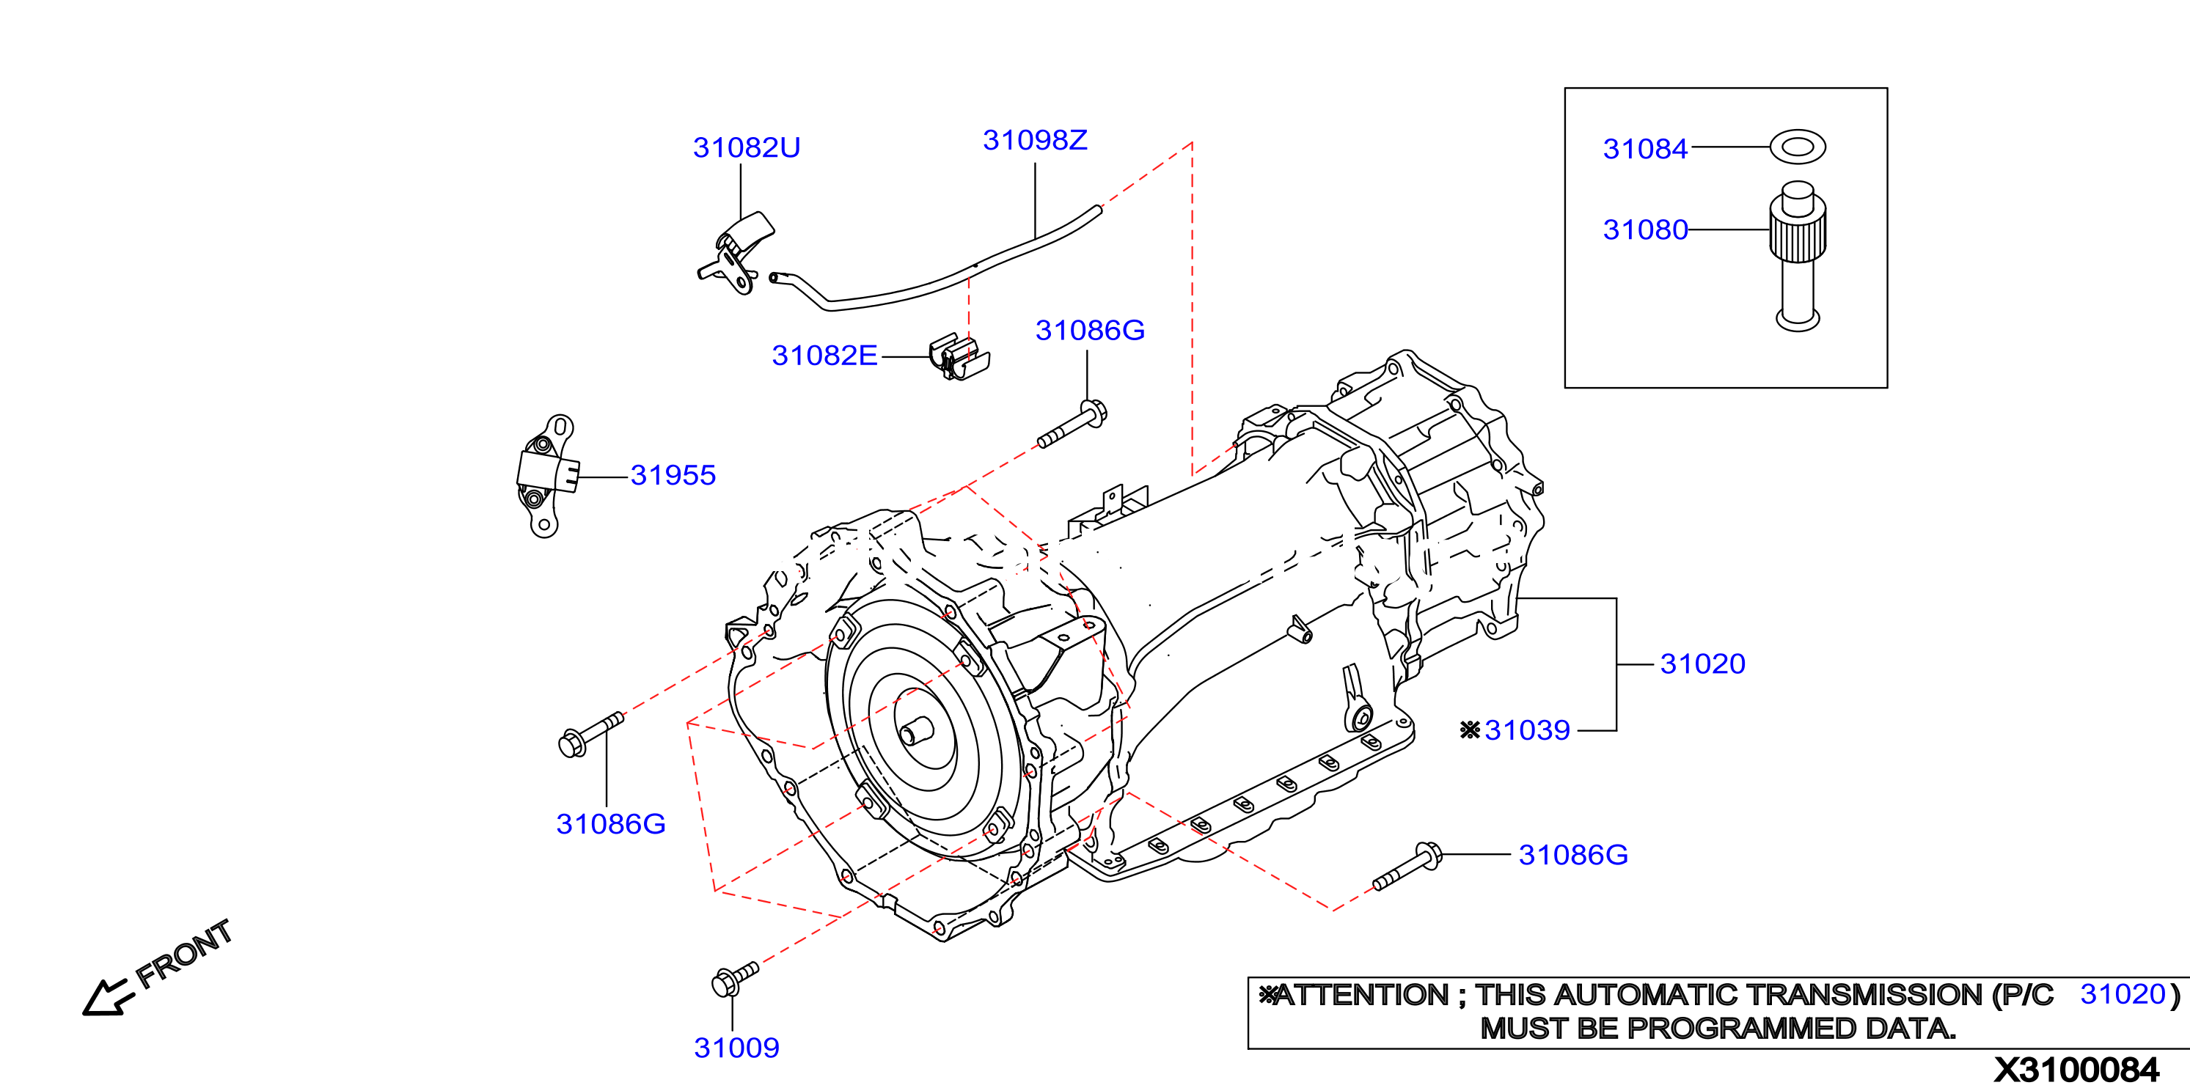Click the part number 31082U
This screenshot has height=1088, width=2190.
pos(747,148)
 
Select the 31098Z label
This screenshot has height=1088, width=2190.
pos(1035,140)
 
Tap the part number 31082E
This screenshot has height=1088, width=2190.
pos(824,356)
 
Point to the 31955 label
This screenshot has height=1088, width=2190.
pos(673,475)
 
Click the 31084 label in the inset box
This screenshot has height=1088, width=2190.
pos(1645,149)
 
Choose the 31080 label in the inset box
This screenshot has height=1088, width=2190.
pos(1645,229)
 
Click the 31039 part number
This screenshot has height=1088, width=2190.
pos(1527,730)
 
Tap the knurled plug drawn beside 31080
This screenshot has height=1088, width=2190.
pos(1797,255)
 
